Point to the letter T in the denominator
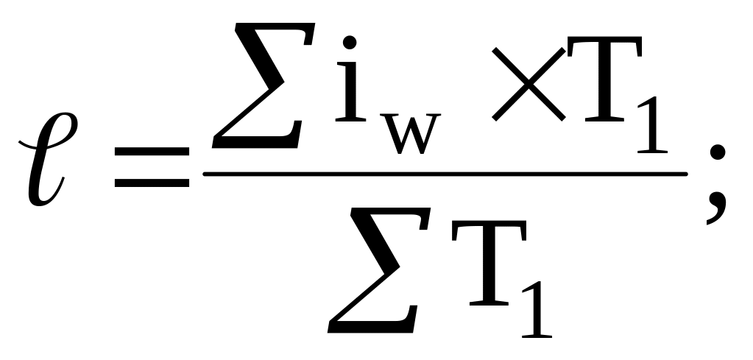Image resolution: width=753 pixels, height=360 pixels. point(481,272)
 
